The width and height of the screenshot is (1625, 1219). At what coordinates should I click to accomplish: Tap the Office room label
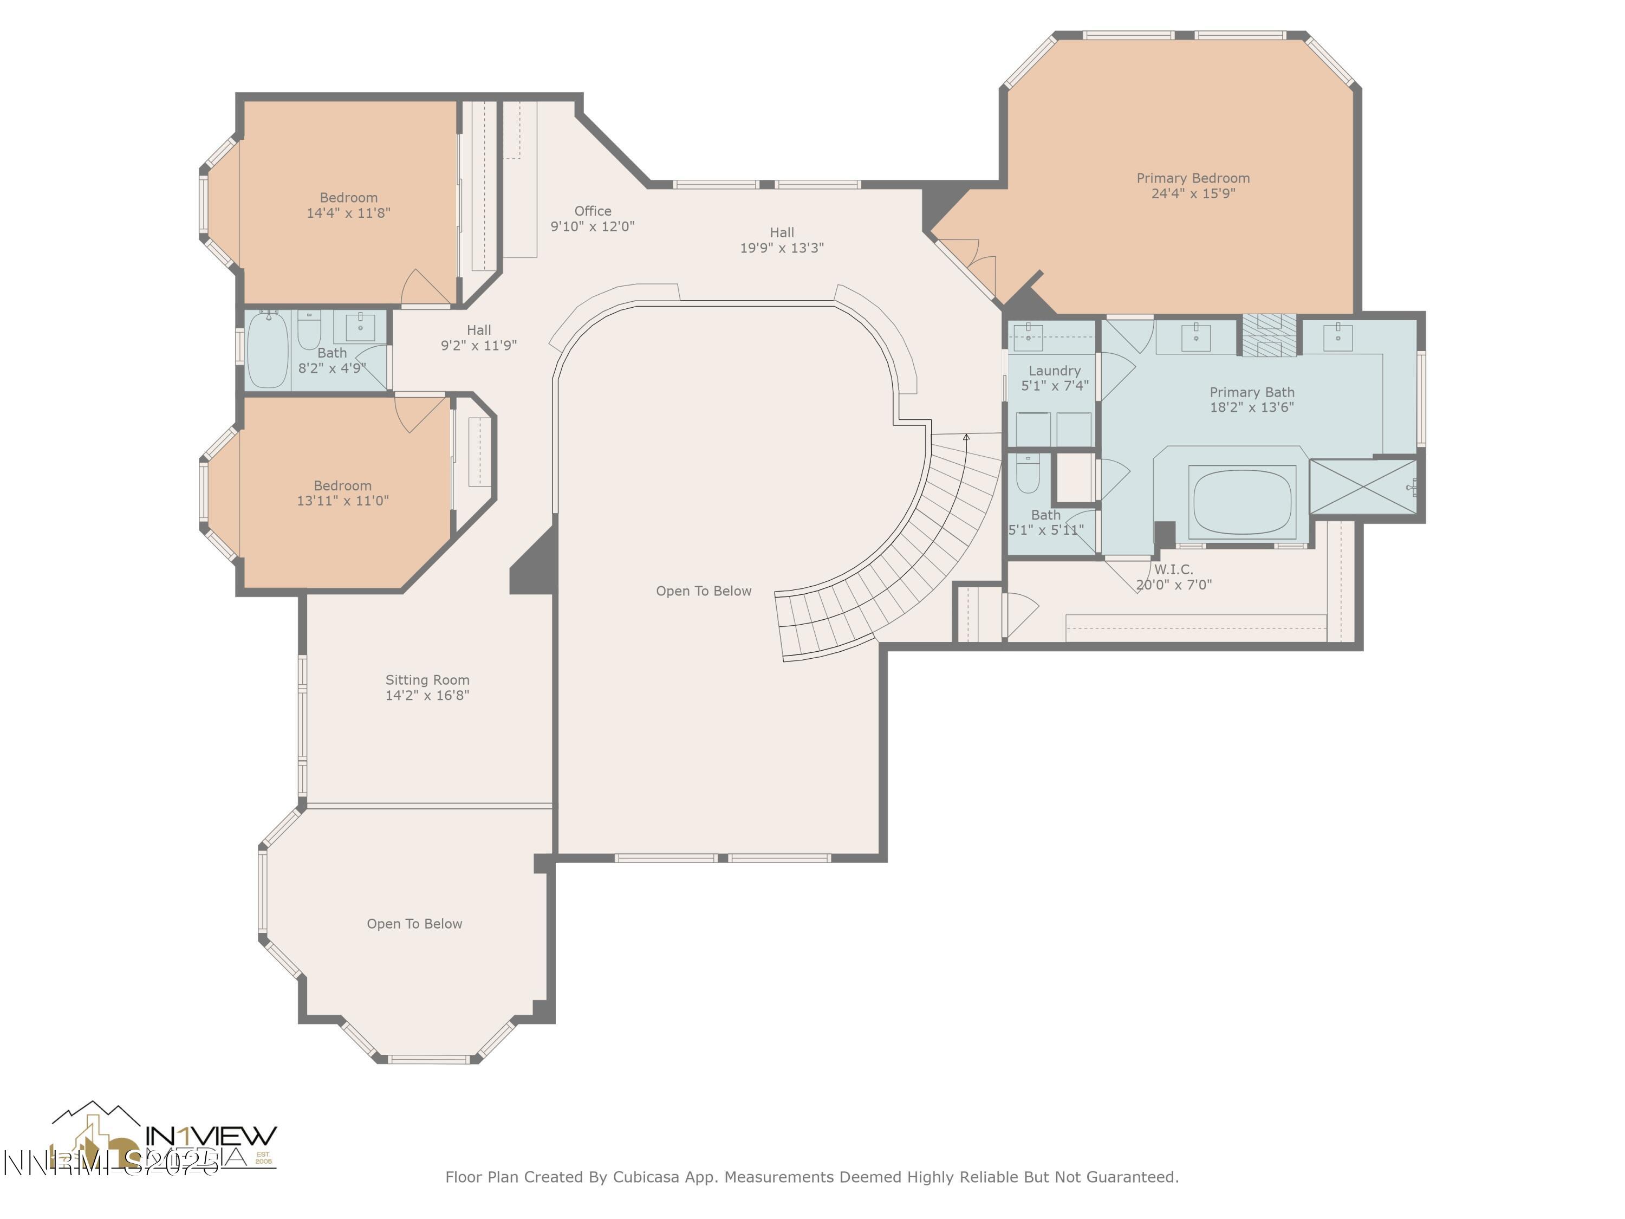tap(592, 211)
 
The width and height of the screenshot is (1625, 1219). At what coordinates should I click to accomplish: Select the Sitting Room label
tap(427, 680)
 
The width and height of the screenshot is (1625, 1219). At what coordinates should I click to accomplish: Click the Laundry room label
tap(1054, 371)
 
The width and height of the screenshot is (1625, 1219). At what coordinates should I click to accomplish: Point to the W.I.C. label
tap(1173, 569)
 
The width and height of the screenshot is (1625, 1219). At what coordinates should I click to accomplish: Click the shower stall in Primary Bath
tap(1363, 487)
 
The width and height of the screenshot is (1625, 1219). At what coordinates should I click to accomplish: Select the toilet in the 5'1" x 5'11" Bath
tap(1027, 474)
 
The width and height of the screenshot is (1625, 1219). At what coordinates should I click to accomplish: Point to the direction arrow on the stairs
tap(966, 438)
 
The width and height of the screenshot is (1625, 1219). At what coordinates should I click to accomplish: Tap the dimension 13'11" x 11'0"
tap(342, 501)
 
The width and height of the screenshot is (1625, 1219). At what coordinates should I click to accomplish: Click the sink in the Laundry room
tap(1029, 336)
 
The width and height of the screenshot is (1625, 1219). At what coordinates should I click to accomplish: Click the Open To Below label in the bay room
tap(414, 924)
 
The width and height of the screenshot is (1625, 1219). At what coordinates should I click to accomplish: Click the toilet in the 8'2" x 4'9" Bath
tap(309, 330)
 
